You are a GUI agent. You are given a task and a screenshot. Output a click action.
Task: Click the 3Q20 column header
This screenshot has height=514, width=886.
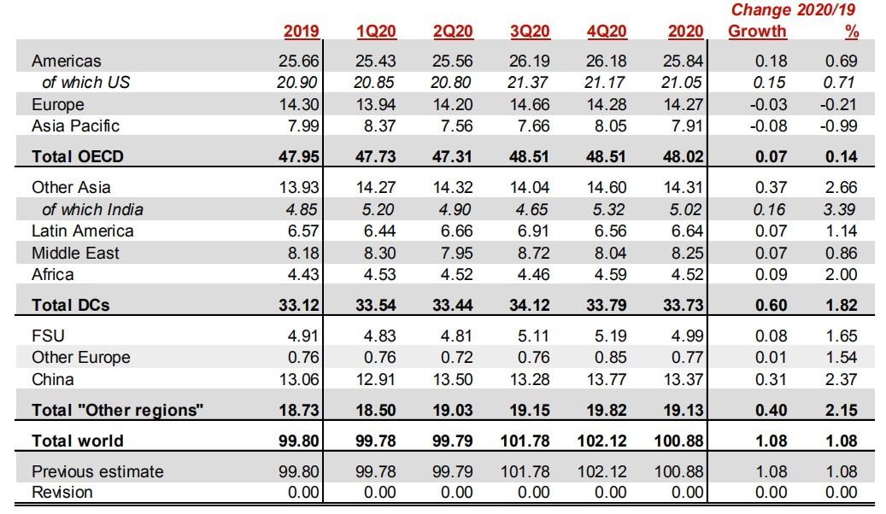point(530,32)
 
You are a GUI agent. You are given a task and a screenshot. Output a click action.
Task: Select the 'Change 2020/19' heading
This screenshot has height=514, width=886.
point(794,10)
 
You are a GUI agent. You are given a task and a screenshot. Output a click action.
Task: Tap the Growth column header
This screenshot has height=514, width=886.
point(757,32)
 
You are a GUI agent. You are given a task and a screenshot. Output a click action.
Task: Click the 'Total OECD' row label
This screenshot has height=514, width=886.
point(79,157)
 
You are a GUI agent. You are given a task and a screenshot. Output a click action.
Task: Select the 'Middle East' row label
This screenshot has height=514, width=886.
point(75,253)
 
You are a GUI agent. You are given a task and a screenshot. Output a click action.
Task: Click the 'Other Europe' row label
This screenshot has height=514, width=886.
point(81,358)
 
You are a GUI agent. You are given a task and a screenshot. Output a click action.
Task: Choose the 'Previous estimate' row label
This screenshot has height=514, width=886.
point(97,471)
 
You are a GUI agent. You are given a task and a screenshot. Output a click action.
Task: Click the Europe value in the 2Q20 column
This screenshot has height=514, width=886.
point(454,105)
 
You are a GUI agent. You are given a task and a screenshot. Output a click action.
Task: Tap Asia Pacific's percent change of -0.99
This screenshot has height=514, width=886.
point(838,126)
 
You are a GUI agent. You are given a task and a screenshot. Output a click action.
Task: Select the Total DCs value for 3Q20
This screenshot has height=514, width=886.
point(531,305)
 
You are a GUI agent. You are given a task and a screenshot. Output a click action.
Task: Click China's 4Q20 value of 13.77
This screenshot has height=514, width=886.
point(607,379)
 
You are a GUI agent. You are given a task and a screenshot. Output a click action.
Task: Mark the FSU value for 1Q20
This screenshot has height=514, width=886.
point(378,336)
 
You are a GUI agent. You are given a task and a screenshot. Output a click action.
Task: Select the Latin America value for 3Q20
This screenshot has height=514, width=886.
point(532,231)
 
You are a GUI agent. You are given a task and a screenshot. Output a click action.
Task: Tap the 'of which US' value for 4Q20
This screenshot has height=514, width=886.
point(607,83)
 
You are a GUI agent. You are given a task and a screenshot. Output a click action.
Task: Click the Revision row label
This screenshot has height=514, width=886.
point(62,492)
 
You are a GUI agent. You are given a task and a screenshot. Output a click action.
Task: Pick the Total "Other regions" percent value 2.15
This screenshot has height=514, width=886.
point(840,410)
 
